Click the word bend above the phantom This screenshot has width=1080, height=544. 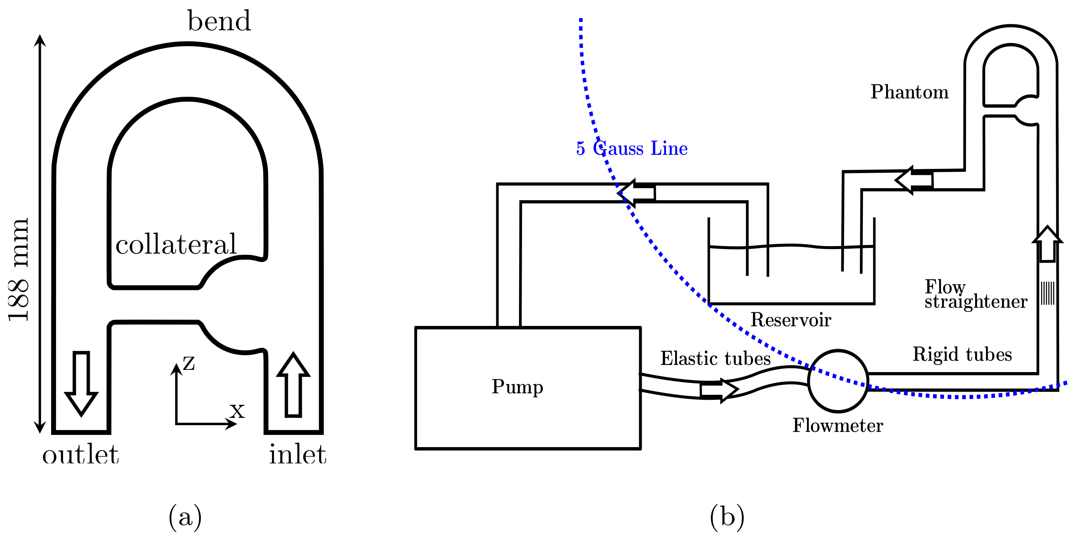click(x=219, y=21)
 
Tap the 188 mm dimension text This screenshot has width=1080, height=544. click(x=19, y=270)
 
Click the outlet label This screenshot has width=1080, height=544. click(x=80, y=455)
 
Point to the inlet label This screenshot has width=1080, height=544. click(x=297, y=455)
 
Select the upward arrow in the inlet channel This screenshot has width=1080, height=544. click(x=294, y=386)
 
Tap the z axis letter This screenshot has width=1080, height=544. click(x=189, y=363)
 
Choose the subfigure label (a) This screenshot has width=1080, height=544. click(x=185, y=517)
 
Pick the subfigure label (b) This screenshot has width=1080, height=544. click(x=727, y=517)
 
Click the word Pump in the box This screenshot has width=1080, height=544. click(x=517, y=387)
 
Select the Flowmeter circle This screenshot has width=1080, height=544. click(x=838, y=381)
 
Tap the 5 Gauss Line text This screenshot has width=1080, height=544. click(x=632, y=148)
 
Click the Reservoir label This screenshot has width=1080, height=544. click(x=791, y=320)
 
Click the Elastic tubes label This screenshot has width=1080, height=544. click(x=716, y=359)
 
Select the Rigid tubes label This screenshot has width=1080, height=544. click(x=963, y=354)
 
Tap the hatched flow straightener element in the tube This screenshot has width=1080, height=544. click(x=1048, y=293)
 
